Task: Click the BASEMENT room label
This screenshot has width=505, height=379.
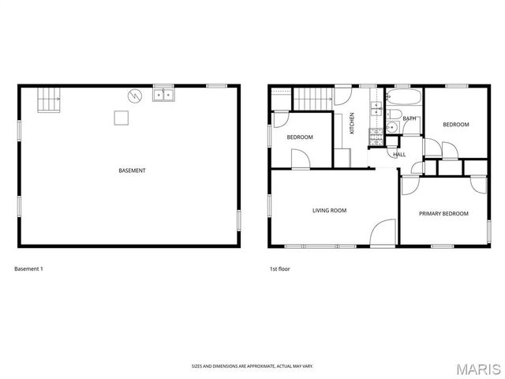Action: coord(132,171)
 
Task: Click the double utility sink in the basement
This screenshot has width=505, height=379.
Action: coord(163,95)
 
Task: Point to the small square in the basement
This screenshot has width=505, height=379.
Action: coord(120,118)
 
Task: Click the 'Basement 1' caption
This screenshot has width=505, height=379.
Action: coord(28,269)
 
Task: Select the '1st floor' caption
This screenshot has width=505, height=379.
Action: coord(279,269)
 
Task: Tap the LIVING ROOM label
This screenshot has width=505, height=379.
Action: coord(329,210)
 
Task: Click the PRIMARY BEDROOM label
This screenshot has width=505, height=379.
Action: coord(443,213)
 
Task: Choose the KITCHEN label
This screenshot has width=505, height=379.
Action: coord(352,124)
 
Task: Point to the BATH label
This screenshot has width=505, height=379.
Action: coord(410,118)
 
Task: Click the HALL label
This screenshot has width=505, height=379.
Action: coord(399,154)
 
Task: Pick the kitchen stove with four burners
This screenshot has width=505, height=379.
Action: coord(376,138)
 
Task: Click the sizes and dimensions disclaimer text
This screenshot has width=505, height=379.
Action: coord(252,366)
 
